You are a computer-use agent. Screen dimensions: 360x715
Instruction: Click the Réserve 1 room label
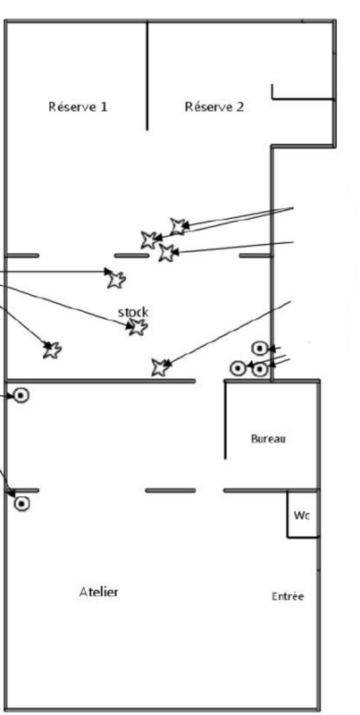pos(78,106)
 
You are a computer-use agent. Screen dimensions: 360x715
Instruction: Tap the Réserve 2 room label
pos(214,106)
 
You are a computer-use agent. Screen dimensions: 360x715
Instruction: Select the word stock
pos(133,312)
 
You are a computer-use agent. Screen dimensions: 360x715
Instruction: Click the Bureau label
pos(268,439)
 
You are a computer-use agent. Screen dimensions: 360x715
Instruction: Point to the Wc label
pos(302,516)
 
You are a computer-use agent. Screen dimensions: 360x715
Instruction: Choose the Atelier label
pos(99,592)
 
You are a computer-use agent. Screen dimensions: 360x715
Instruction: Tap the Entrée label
pos(288,596)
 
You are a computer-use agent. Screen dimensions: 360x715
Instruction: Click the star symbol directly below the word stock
pos(138,326)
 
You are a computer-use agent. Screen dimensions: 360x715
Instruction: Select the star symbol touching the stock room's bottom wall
pos(160,367)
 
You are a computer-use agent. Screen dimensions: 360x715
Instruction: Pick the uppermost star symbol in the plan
pos(178,226)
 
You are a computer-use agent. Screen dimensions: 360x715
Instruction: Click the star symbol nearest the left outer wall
pos(52,349)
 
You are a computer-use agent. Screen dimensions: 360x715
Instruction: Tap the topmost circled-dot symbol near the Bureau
pos(259,349)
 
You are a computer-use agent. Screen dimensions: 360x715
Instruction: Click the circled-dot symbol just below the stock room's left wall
pos(21,395)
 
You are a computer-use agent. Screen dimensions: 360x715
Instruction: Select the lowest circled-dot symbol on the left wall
pos(21,504)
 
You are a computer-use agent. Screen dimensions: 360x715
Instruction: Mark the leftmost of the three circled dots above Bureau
pos(238,368)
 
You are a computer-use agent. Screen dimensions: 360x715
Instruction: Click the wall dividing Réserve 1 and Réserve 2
pos(147,75)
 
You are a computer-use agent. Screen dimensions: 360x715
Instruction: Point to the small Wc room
pos(302,515)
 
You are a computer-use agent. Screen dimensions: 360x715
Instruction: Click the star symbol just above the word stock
pos(116,279)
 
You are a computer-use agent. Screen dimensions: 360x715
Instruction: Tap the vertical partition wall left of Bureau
pos(225,419)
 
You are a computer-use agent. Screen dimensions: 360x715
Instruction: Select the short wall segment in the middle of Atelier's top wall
pos(171,491)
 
